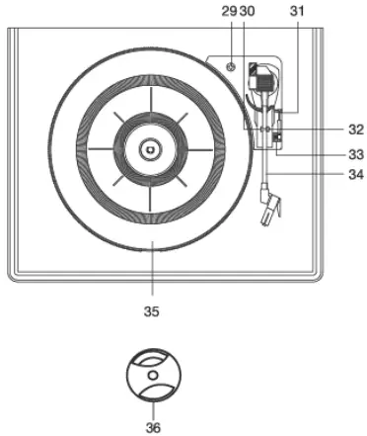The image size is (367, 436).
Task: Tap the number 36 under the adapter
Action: (x=152, y=427)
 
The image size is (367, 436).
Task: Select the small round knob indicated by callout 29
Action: (x=231, y=68)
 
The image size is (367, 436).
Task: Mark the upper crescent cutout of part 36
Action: (x=152, y=361)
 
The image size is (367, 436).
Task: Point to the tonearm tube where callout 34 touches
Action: (x=266, y=175)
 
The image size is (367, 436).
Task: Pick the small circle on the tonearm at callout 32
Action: (x=263, y=130)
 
